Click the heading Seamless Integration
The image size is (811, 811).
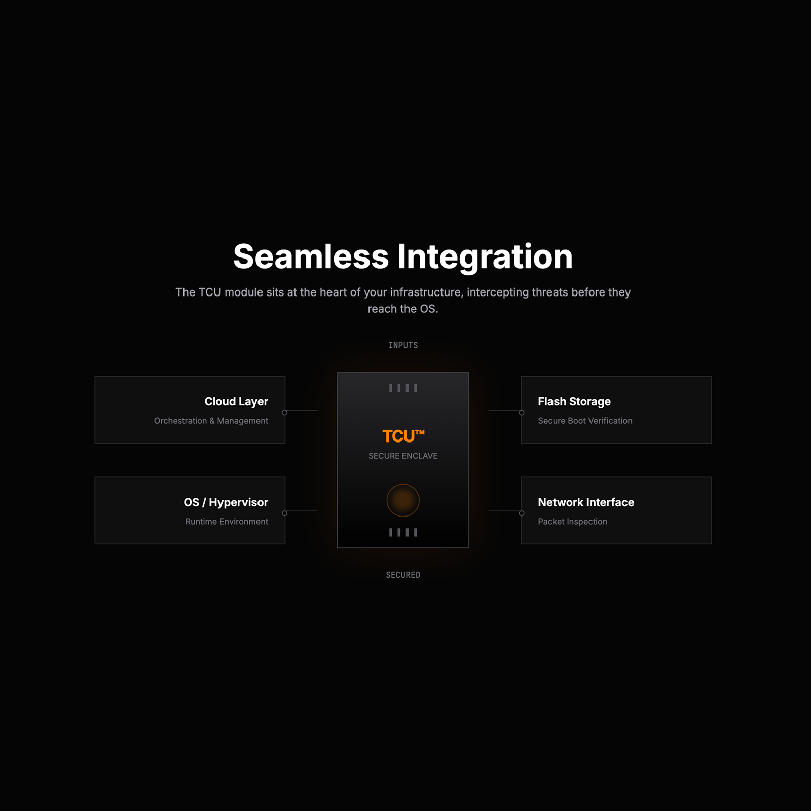(x=403, y=257)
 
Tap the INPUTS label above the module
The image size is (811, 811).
(x=403, y=345)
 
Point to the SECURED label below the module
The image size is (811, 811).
(x=403, y=575)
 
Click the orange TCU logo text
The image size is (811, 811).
(x=403, y=436)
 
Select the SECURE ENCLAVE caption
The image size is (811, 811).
(x=403, y=456)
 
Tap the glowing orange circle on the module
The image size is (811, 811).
(x=403, y=500)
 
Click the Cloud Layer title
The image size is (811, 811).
(x=236, y=402)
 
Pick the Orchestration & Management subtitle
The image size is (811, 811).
(x=211, y=421)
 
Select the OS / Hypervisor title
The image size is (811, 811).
(x=226, y=503)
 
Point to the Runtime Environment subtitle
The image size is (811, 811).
(x=227, y=522)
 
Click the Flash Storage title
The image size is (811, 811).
(x=574, y=402)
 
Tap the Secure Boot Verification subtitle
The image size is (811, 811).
(x=585, y=421)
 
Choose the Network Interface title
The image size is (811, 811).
(x=586, y=502)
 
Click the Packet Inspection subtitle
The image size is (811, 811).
(x=572, y=522)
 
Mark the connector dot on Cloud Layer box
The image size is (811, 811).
(x=285, y=413)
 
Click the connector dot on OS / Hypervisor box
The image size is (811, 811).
(x=285, y=513)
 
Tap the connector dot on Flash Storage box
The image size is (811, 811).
(x=522, y=413)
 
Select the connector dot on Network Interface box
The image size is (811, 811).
(x=522, y=513)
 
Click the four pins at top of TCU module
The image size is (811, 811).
(x=403, y=388)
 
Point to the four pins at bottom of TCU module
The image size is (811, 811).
(x=403, y=532)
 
